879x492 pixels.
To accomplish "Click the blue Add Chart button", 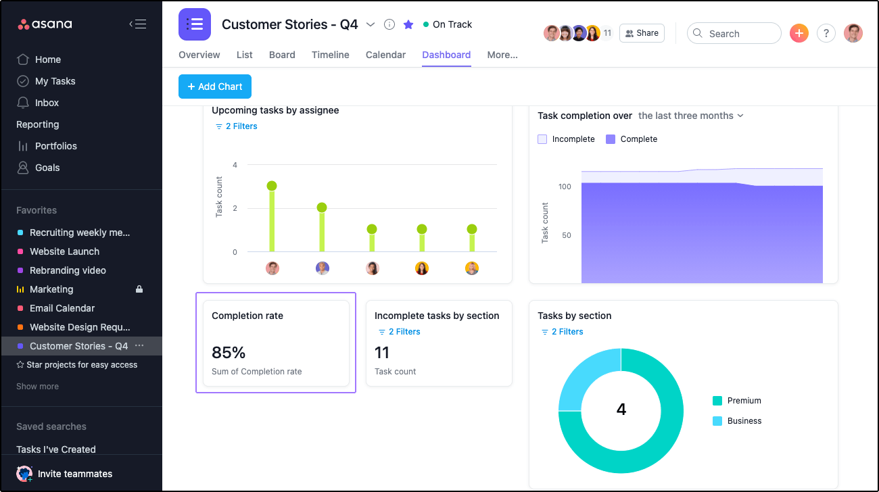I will (x=215, y=87).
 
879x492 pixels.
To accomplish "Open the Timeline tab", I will (x=330, y=55).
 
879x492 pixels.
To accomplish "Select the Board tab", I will (x=282, y=55).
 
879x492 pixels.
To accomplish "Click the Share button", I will (x=641, y=33).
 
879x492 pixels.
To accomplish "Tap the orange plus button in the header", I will (x=799, y=33).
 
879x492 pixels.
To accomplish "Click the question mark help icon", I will (x=826, y=33).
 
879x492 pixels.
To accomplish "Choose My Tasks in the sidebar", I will (x=55, y=81).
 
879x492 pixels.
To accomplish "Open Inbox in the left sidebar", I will (x=47, y=103).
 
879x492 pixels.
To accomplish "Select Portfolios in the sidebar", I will (x=55, y=146).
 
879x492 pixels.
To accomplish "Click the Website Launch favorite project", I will (x=64, y=251).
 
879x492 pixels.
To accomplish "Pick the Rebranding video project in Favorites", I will (x=68, y=270).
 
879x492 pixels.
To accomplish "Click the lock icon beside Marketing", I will (x=139, y=289).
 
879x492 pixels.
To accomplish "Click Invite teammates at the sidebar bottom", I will (x=74, y=474).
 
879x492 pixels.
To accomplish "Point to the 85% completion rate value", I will (x=229, y=353).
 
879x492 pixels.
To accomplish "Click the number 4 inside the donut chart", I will (x=621, y=410).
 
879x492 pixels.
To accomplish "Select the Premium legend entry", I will (x=744, y=401).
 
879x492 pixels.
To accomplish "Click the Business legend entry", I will (x=744, y=421).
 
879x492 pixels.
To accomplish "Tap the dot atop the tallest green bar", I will (x=272, y=186).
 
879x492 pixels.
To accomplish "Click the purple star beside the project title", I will (x=408, y=24).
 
